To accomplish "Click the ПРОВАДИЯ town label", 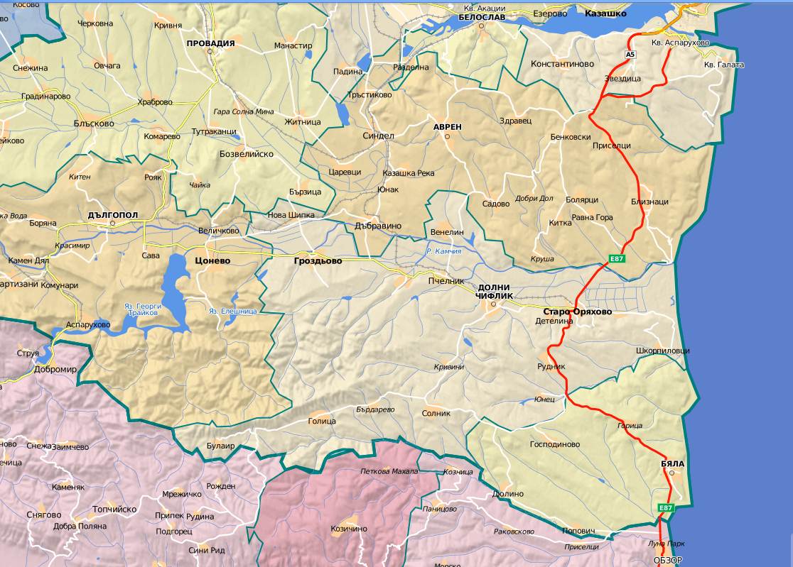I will tap(210, 43).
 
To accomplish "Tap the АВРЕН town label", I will tap(448, 126).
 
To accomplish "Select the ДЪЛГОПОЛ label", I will tap(112, 214).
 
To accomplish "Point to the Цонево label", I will tap(212, 260).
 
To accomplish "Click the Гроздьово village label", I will tap(318, 260).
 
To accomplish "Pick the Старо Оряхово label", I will tap(577, 312).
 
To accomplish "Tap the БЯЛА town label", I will tap(672, 464).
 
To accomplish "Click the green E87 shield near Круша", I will tap(617, 259).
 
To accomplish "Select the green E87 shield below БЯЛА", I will tap(666, 508).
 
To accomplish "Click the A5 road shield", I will tap(630, 54).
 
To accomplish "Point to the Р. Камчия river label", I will tap(443, 251).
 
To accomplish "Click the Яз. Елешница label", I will tap(232, 311).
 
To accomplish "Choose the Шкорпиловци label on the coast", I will tap(662, 351).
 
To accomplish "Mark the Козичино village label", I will tap(349, 529).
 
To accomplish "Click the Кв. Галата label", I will tap(724, 65).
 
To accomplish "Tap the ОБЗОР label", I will tap(667, 560).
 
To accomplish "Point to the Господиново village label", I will tap(555, 444).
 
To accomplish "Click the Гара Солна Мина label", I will tap(244, 111).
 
